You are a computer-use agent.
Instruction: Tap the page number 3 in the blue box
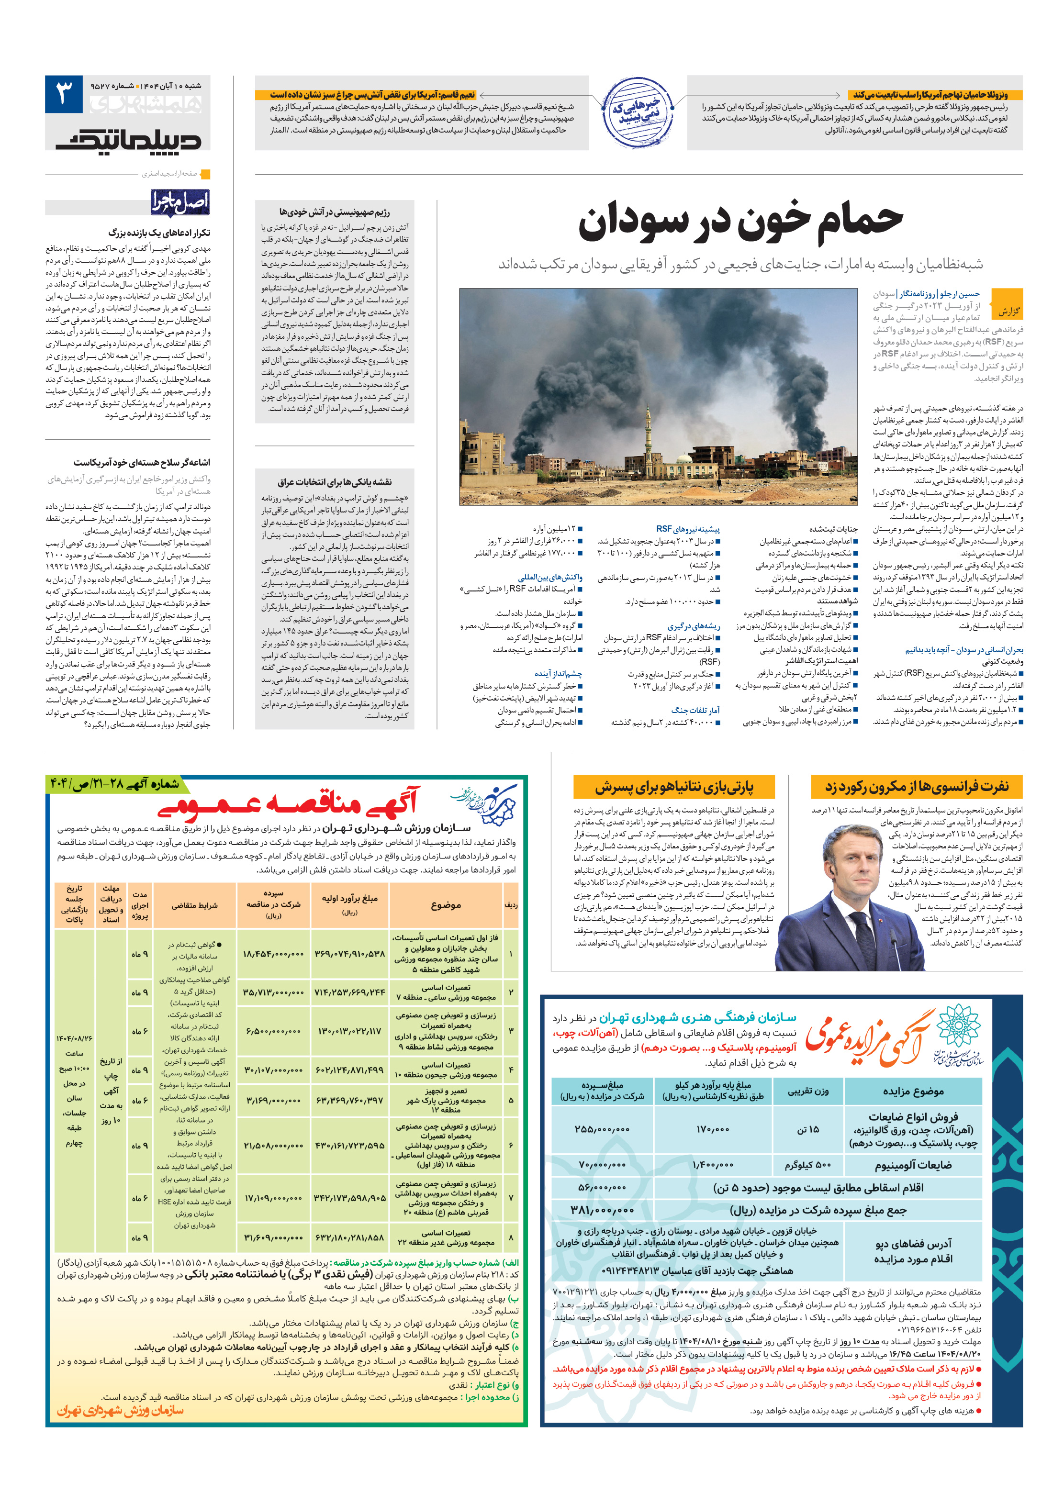(64, 94)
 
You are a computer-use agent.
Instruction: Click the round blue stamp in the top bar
(637, 111)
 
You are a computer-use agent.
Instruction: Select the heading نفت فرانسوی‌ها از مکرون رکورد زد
(916, 786)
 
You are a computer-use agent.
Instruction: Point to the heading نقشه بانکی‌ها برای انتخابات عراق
(334, 482)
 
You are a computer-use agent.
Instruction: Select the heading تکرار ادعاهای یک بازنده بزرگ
(159, 233)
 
